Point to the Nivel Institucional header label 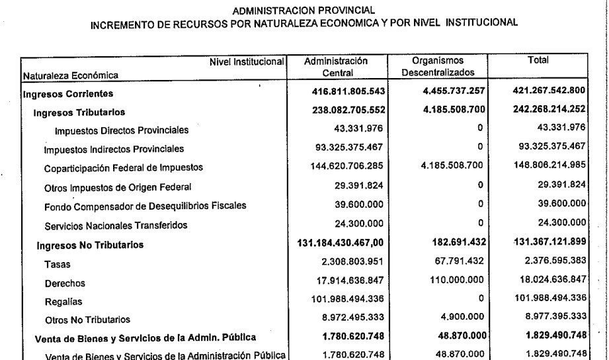pyautogui.click(x=247, y=62)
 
